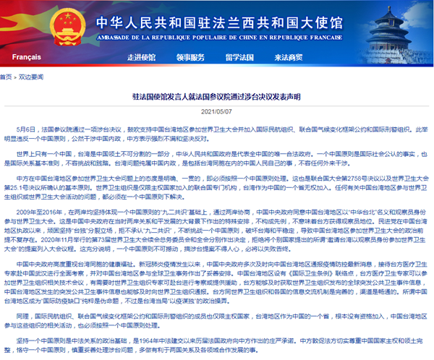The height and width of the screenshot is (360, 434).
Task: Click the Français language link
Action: click(27, 56)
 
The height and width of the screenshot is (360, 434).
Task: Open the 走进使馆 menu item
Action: click(142, 56)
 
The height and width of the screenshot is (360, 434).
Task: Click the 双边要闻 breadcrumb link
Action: click(29, 74)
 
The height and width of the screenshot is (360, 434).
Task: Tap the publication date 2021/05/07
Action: click(217, 111)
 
